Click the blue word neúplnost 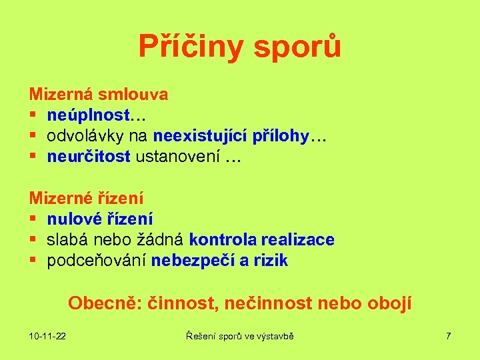pos(88,115)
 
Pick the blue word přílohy pos(281,137)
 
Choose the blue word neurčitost pos(89,157)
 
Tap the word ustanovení pos(178,157)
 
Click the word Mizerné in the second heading pos(63,198)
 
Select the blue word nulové pos(72,219)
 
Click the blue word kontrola pos(223,239)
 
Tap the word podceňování pos(97,261)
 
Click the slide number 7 pos(449,336)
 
